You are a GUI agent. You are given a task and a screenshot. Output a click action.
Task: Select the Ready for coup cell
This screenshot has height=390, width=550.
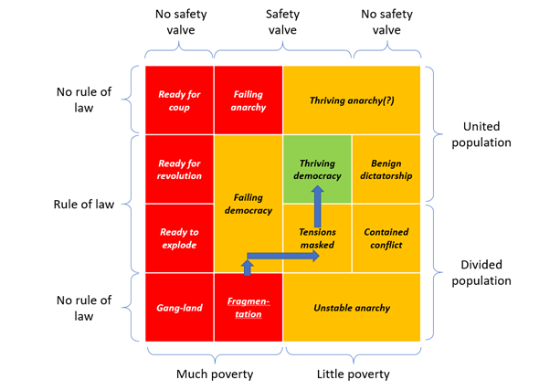(x=179, y=100)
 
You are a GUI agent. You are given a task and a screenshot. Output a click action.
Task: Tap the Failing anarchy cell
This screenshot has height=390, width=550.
(x=249, y=100)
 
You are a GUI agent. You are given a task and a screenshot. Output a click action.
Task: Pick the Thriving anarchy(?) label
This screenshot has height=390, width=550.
(x=352, y=100)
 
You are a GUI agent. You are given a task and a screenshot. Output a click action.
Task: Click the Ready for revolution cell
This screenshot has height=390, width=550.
(x=179, y=169)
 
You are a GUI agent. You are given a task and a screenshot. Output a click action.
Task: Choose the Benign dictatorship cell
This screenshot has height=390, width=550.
(x=386, y=169)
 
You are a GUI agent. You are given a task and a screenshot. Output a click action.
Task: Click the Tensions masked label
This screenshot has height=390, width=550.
(x=316, y=238)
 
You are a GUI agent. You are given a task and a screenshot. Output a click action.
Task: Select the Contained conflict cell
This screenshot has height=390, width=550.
(x=386, y=238)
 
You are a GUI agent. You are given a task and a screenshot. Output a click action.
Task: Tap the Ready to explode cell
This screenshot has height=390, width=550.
(x=179, y=238)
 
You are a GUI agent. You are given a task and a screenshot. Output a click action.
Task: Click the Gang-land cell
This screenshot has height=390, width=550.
(x=179, y=308)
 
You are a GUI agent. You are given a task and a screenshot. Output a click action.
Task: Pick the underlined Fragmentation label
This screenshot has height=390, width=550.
(x=249, y=308)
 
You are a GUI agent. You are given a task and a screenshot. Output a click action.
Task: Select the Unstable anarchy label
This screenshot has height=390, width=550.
(x=352, y=308)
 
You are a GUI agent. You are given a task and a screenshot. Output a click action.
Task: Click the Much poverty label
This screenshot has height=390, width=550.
(x=214, y=373)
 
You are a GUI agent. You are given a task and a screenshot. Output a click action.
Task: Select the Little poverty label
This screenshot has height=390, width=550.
(x=353, y=373)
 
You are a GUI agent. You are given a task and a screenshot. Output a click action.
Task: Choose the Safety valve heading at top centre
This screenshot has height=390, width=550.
(x=282, y=23)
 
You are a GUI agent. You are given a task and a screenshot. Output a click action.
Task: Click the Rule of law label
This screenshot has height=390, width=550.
(x=84, y=204)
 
